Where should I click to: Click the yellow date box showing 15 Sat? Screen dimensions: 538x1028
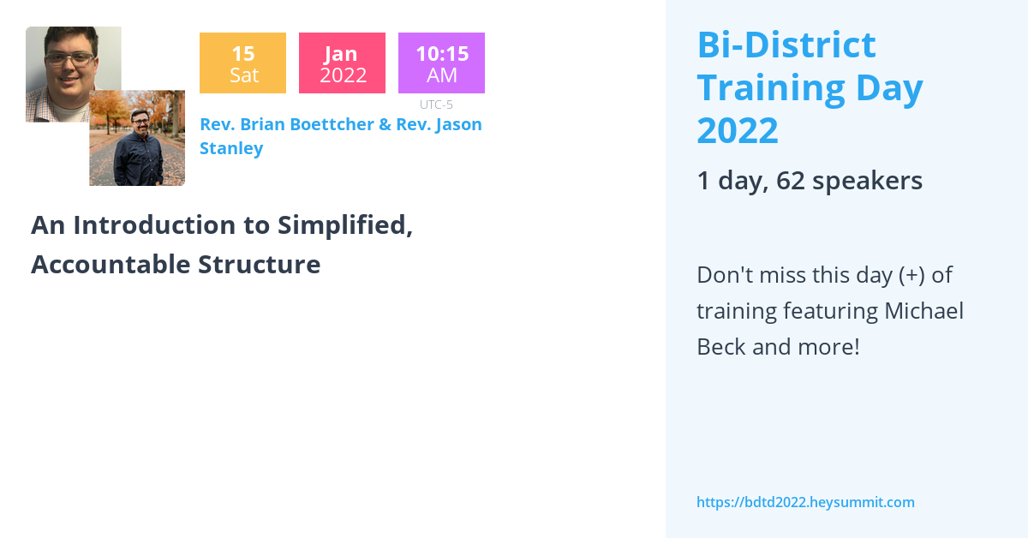(242, 63)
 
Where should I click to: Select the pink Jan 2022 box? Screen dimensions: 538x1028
(342, 63)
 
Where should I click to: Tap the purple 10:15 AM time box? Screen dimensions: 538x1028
(441, 63)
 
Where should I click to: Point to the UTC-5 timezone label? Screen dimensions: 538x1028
(436, 105)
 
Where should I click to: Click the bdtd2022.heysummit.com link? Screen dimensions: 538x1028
(805, 502)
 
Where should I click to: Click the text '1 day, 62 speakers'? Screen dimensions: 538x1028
(810, 181)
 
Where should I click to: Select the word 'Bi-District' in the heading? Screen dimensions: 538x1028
(786, 45)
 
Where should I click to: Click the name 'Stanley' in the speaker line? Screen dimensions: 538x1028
(231, 148)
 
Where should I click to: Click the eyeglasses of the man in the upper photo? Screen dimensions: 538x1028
(69, 58)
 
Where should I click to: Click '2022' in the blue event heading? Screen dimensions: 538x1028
(738, 131)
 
